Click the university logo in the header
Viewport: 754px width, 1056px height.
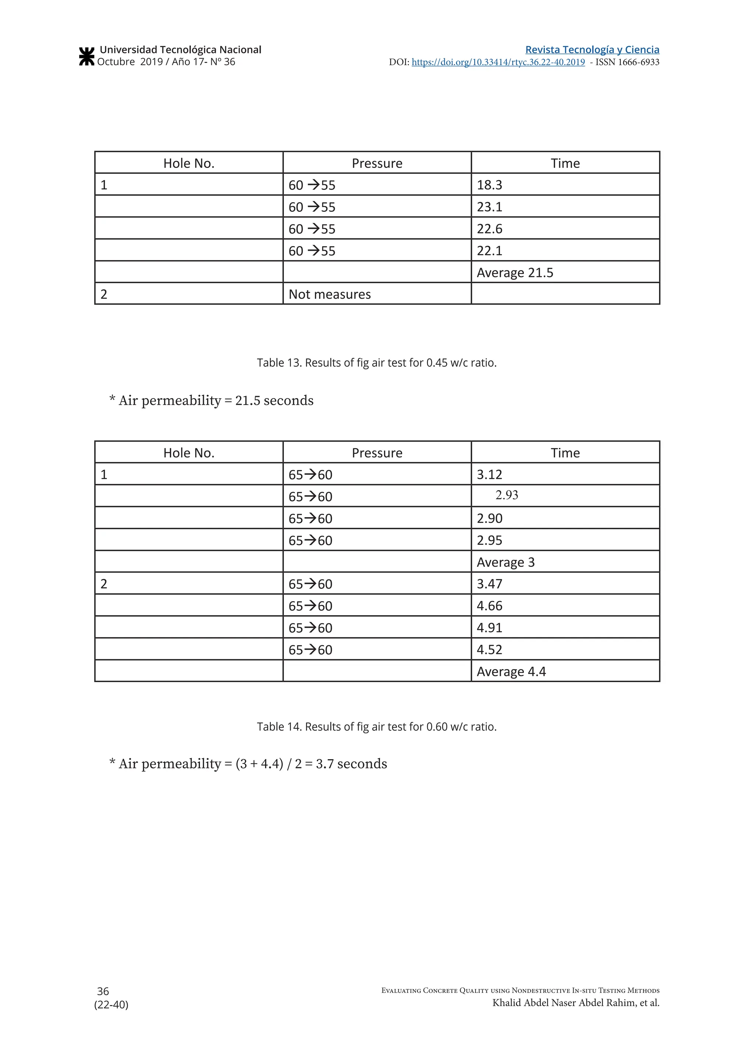click(x=87, y=56)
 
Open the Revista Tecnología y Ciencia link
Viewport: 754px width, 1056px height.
click(x=592, y=50)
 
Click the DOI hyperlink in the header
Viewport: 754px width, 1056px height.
click(x=498, y=62)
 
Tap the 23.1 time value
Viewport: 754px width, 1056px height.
click(x=489, y=207)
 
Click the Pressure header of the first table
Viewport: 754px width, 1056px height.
click(x=377, y=163)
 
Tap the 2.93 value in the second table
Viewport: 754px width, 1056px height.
click(x=507, y=495)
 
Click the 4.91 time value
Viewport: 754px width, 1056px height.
click(x=489, y=627)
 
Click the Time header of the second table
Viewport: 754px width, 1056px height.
click(x=565, y=453)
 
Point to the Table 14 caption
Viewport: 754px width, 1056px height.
click(x=377, y=727)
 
